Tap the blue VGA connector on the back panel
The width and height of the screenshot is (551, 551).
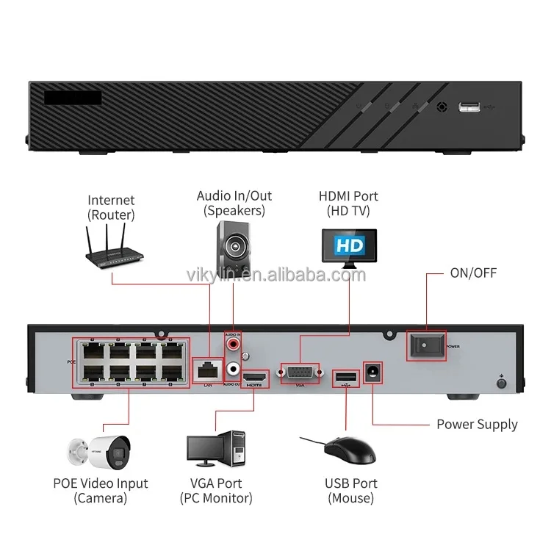[300, 372]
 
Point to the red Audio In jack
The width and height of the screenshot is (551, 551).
[234, 342]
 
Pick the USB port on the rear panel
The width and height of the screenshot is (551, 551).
[342, 379]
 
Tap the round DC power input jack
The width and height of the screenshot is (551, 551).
[373, 372]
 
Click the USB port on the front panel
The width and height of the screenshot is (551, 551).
[470, 108]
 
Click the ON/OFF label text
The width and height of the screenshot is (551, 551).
[473, 273]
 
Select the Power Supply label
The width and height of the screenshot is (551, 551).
[477, 425]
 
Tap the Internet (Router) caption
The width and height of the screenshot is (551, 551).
[111, 207]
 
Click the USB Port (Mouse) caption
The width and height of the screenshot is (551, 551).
[350, 491]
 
